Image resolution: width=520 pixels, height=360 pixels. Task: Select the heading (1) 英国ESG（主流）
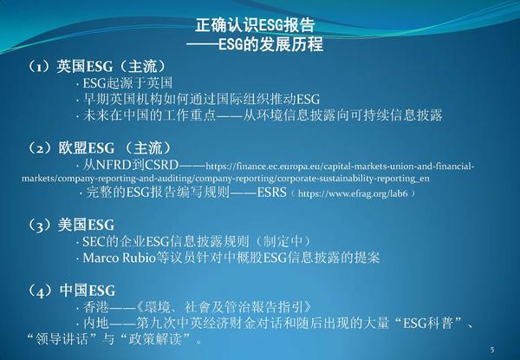tap(96, 67)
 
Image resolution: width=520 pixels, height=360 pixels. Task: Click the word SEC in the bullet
tap(93, 241)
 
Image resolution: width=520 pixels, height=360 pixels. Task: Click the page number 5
tap(491, 349)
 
